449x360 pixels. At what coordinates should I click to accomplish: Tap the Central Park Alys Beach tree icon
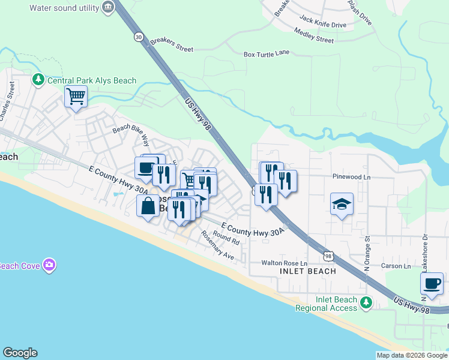(38, 79)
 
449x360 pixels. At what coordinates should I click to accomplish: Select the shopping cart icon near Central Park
(76, 96)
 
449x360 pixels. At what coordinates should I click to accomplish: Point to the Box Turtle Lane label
(267, 53)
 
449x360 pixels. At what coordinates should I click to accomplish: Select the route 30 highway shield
(139, 37)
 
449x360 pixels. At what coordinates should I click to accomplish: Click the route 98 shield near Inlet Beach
(328, 256)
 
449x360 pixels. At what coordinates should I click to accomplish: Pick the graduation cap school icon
(342, 205)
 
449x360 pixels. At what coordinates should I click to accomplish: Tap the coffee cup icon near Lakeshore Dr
(432, 283)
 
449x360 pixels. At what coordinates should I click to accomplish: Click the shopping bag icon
(148, 206)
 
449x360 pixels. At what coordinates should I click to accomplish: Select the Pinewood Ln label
(352, 177)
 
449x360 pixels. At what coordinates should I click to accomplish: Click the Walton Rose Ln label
(284, 263)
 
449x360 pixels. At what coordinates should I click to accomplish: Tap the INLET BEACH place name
(308, 271)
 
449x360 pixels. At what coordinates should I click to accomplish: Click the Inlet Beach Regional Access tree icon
(364, 304)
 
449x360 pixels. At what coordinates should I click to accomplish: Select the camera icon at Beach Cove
(49, 265)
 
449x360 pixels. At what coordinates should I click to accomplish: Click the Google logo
(20, 353)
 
